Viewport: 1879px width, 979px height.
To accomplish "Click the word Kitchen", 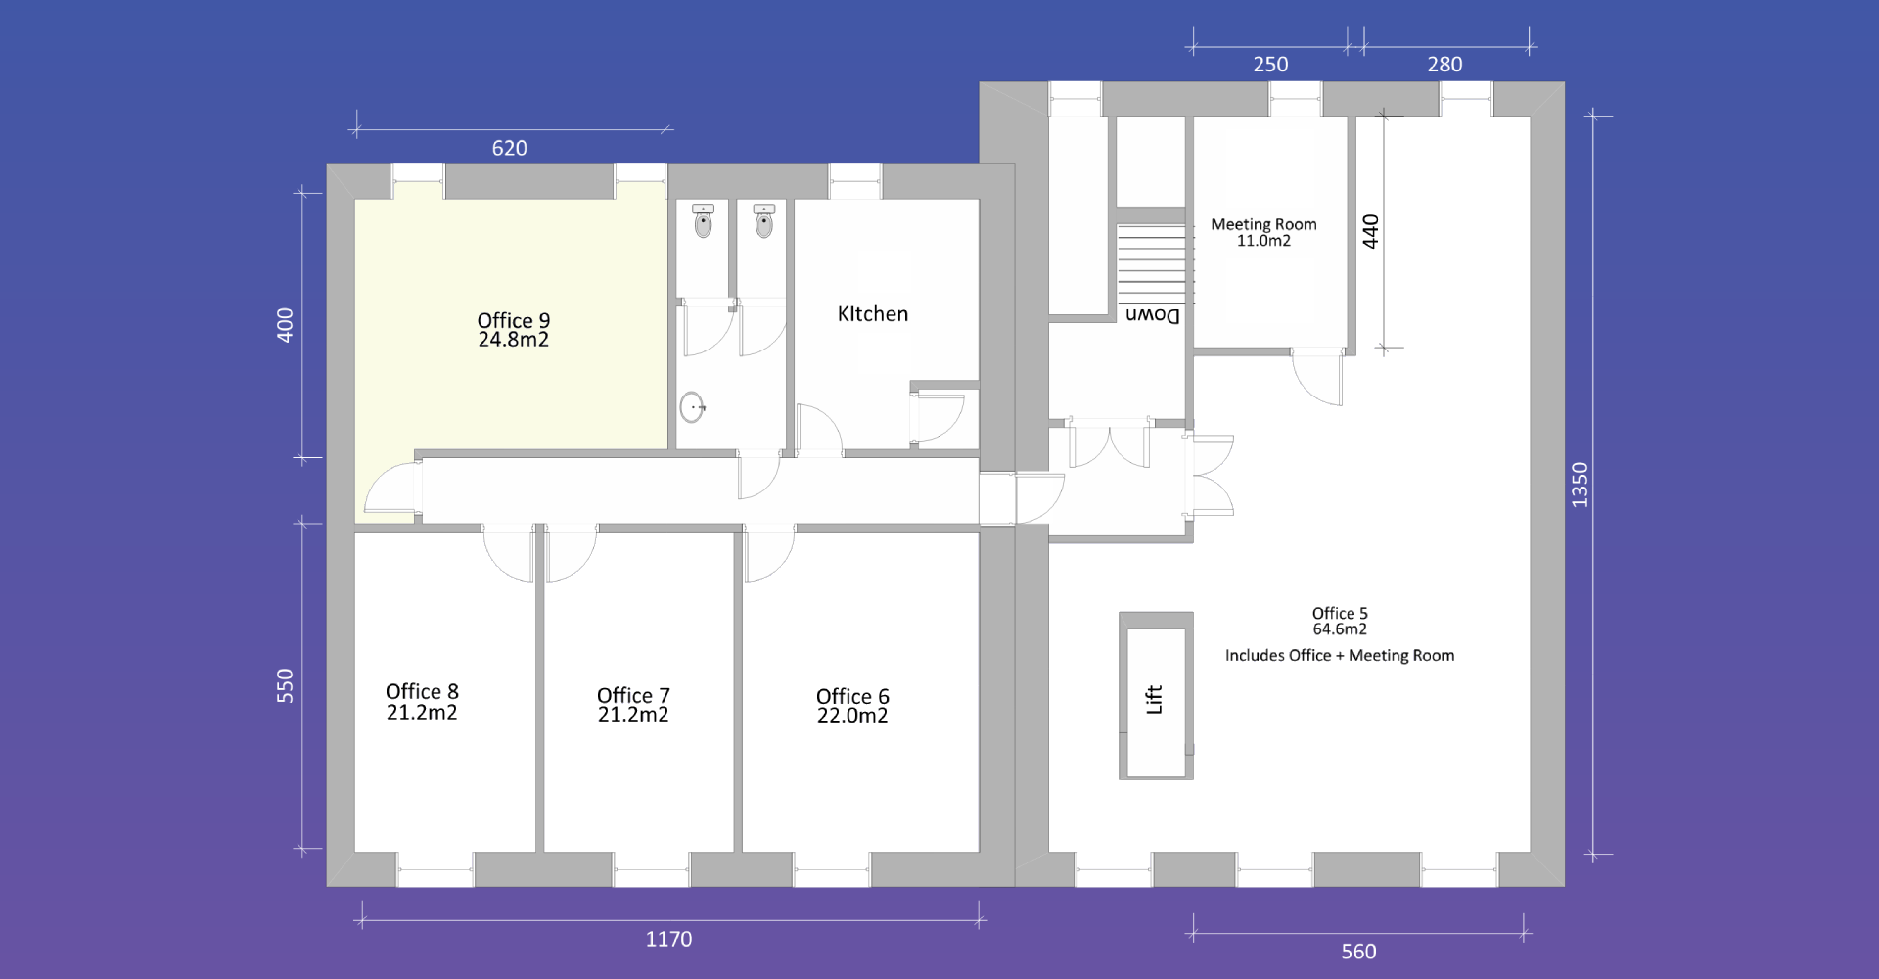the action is (x=873, y=314).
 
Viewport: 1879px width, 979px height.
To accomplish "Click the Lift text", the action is (x=1155, y=699).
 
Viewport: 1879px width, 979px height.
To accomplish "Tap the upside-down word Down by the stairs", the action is (x=1153, y=315).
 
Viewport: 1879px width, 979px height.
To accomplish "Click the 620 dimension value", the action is (x=509, y=148).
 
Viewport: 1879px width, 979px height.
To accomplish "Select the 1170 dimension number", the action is (x=668, y=939).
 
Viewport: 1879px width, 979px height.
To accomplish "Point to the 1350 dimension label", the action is (x=1580, y=485).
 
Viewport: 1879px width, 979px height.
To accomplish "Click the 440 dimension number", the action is (x=1370, y=231).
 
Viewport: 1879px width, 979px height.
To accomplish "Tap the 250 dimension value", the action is (x=1270, y=65).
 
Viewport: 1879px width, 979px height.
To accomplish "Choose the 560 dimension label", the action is (x=1358, y=952).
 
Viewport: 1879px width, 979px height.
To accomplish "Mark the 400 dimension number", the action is (x=285, y=325).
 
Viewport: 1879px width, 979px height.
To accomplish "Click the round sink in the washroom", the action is (x=692, y=407).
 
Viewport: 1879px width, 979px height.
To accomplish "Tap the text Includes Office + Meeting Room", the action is (x=1340, y=656).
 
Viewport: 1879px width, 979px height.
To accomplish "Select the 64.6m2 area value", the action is (x=1340, y=629).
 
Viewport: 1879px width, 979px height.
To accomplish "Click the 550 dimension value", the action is (x=285, y=685).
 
